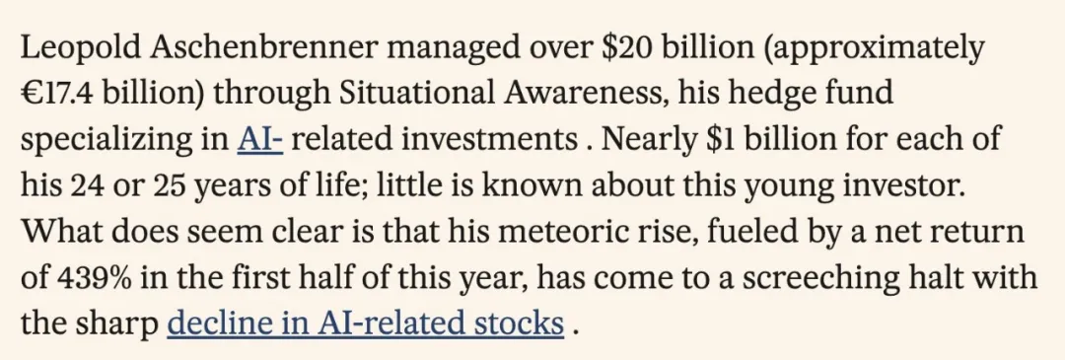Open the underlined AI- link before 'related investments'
(259, 139)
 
